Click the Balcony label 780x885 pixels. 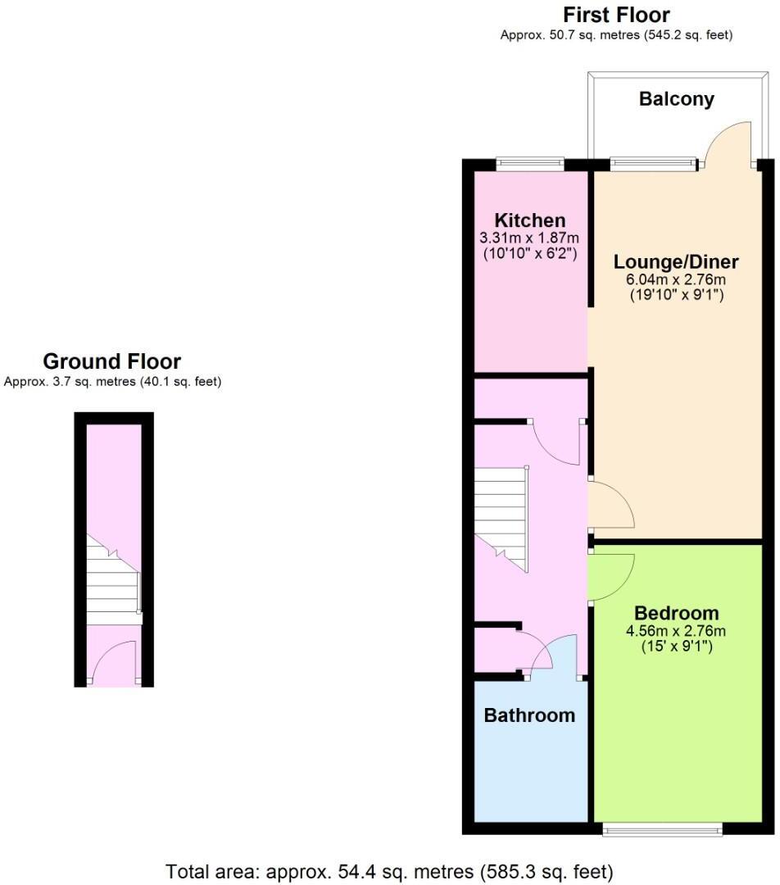coord(676,99)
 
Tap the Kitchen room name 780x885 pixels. coord(529,220)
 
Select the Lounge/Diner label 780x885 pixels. coord(676,262)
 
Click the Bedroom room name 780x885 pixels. coord(676,613)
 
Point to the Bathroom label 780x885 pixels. coord(529,715)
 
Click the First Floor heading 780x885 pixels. coord(616,15)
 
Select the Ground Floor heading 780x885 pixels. coord(111,361)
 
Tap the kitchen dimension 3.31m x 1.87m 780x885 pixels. coord(529,238)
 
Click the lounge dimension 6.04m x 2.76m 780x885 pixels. coord(676,279)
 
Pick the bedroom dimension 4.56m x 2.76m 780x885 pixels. coord(676,630)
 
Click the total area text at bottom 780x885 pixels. coord(389,870)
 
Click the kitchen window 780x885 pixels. coord(530,165)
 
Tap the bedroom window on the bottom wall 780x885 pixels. coord(662,830)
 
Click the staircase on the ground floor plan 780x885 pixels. coord(113,583)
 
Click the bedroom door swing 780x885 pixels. coord(610,576)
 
